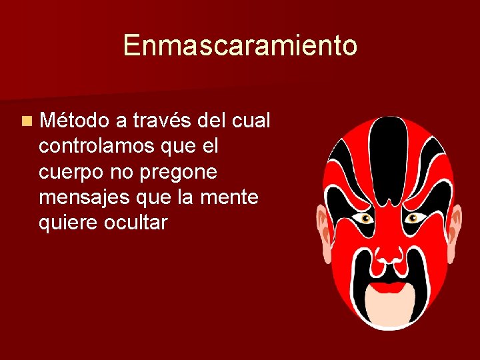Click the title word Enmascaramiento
coord(240,46)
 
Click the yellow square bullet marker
coord(25,121)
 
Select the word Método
coord(74,121)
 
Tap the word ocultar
coord(136,223)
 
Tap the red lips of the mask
coord(389,288)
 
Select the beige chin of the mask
coord(389,309)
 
